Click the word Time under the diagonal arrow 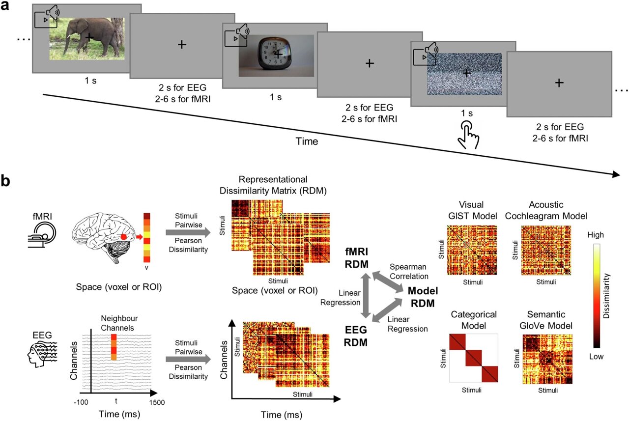tap(308, 142)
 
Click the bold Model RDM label tap(421, 297)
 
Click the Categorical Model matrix tap(473, 358)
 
